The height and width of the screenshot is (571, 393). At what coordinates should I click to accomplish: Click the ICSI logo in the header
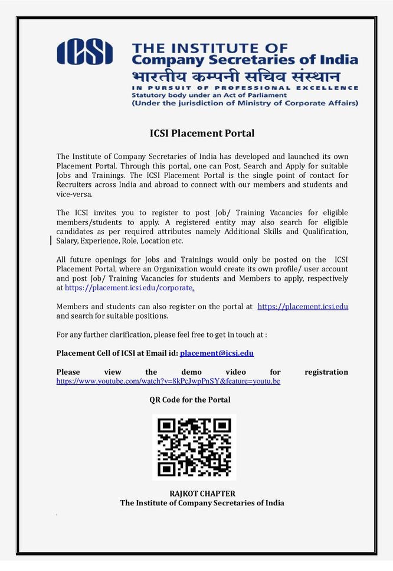[84, 51]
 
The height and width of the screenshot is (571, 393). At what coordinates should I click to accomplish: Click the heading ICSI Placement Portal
[202, 133]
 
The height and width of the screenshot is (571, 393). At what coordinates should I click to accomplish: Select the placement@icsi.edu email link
[217, 353]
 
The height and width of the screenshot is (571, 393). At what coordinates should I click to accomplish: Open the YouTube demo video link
[168, 381]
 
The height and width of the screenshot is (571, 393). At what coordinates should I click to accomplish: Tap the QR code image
[194, 447]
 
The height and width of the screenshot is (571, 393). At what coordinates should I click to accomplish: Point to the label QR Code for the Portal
[189, 400]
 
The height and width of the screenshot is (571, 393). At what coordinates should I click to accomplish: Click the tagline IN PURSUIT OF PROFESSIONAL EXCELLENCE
[244, 87]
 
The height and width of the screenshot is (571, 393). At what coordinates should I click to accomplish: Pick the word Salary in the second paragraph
[69, 241]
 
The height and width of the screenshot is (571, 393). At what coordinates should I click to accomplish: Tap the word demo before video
[192, 372]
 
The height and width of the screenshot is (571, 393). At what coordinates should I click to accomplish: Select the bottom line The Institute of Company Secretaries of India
[202, 503]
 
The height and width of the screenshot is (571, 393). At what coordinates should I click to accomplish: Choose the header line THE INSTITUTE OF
[209, 47]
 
